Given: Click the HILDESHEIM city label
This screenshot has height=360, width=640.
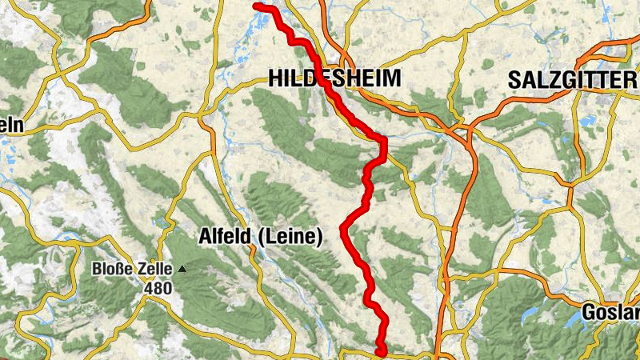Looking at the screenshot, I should [334, 78].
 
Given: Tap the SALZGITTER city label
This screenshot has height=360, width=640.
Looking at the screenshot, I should [571, 80].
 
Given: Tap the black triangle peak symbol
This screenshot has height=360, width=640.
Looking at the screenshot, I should [183, 269].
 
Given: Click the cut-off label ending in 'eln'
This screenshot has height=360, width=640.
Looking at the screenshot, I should [11, 126].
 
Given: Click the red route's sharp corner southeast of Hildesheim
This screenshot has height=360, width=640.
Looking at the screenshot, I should [384, 141].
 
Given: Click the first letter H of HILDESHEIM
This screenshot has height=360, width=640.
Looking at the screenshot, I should [275, 78].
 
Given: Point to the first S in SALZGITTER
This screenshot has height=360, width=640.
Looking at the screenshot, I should [514, 80].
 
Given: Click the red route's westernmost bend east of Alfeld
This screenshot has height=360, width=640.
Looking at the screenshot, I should [344, 230].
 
